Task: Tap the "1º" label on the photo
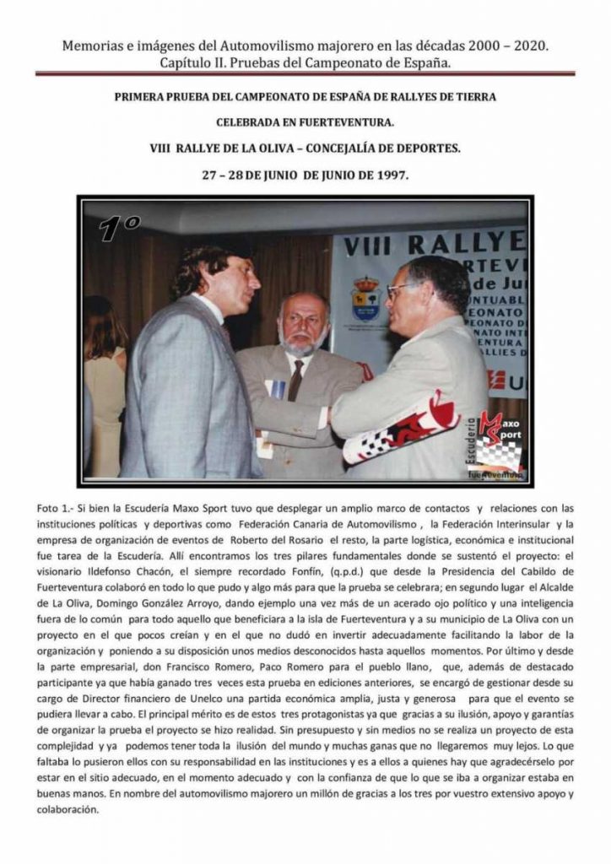[118, 229]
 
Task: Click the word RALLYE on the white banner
[467, 246]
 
